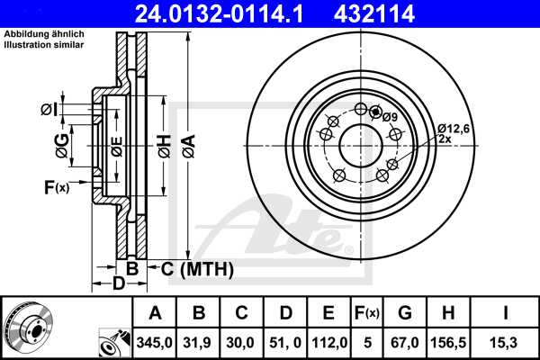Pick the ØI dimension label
(50, 110)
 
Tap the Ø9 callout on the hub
(390, 116)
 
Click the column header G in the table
(404, 313)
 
